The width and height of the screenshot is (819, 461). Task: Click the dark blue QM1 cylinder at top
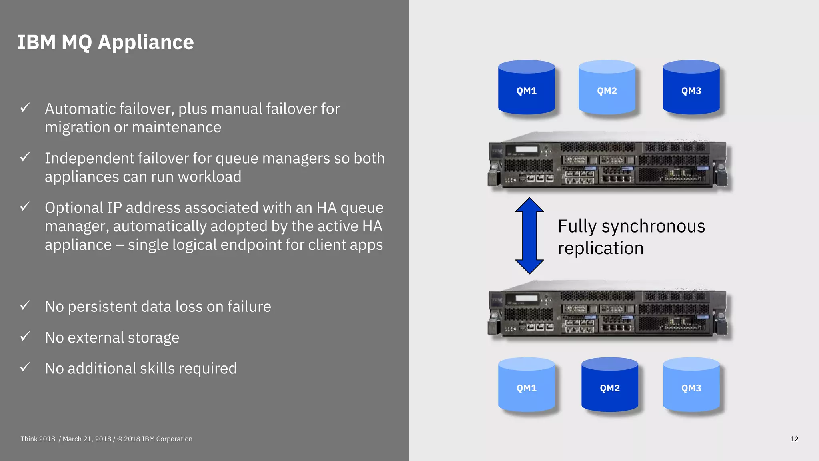pos(526,88)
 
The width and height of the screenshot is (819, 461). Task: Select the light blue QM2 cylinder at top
pos(607,88)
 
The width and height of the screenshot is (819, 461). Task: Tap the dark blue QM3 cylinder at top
pos(691,88)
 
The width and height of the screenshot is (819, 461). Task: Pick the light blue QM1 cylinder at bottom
pos(526,385)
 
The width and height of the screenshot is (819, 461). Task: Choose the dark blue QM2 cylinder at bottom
pos(609,385)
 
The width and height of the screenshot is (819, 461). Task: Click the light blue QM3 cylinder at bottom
pos(691,385)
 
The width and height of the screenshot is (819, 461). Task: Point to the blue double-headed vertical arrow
pos(529,236)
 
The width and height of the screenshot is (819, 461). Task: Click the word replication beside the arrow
pos(601,249)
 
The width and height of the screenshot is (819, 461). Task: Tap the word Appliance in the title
pos(146,42)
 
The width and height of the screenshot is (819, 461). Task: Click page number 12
pos(794,439)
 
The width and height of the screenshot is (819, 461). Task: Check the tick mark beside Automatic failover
pos(25,107)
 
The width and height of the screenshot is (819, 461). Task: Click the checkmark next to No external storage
pos(25,336)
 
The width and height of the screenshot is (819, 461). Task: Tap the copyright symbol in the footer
pos(120,439)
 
